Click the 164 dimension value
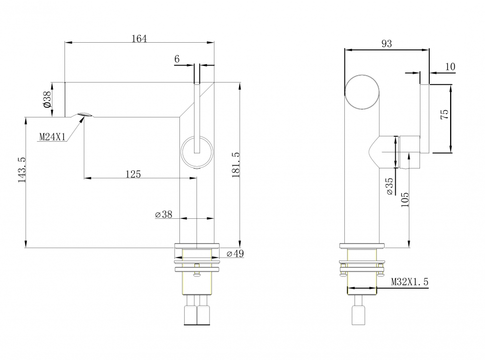click(x=139, y=39)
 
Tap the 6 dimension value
click(x=177, y=59)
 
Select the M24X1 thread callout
click(x=52, y=137)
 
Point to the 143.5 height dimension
click(x=22, y=170)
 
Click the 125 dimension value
click(x=133, y=174)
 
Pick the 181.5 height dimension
click(x=236, y=165)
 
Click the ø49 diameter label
click(x=235, y=254)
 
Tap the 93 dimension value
click(x=387, y=44)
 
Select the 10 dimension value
click(x=451, y=66)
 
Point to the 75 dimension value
click(x=444, y=115)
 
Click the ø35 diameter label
click(x=390, y=186)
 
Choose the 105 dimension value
click(x=405, y=200)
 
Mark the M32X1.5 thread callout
click(x=410, y=282)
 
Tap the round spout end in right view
click(x=362, y=92)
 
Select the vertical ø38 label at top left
click(x=47, y=99)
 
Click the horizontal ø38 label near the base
click(x=163, y=214)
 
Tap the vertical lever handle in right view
click(x=424, y=118)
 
